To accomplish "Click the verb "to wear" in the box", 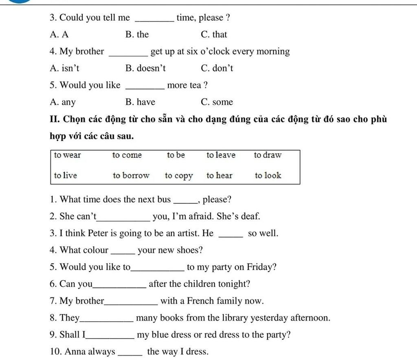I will coord(68,155).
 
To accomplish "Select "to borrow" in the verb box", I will coord(131,175).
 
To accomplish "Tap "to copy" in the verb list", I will coord(179,176).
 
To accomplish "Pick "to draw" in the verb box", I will coord(268,155).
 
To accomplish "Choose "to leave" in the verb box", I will coord(221,155).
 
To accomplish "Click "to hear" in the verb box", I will coord(219,175).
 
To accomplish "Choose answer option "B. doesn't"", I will coord(145,68).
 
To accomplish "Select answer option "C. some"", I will coord(217,102).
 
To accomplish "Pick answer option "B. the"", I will coord(137,35).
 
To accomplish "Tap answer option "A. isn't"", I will coord(64,68).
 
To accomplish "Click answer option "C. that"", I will coord(214,35).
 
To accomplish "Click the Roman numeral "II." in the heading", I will coord(55,119).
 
